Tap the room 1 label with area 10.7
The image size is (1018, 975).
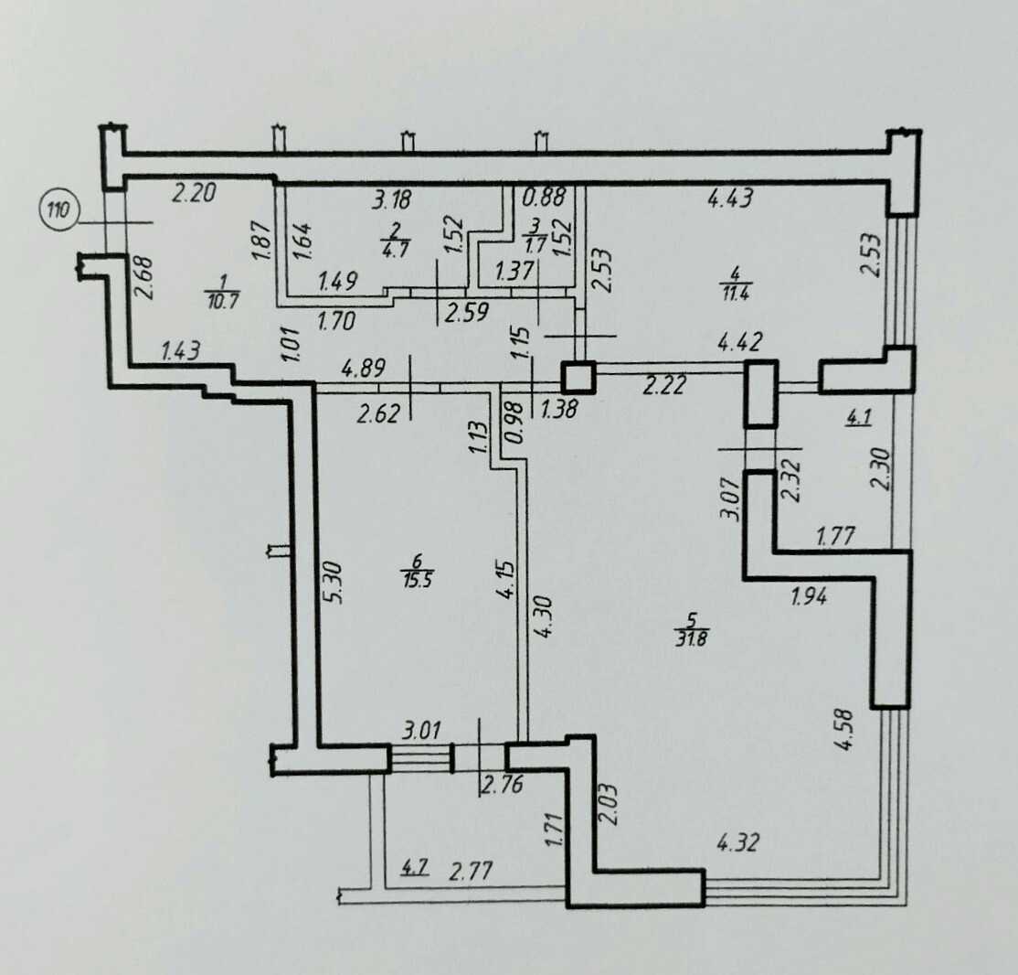point(222,291)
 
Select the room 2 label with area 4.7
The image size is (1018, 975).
point(396,240)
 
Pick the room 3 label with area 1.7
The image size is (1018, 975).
point(535,235)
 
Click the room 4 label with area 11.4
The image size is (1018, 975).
point(735,282)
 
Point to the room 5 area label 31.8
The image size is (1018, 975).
point(692,628)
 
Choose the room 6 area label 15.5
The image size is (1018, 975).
point(417,570)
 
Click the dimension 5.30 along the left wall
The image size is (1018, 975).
point(336,583)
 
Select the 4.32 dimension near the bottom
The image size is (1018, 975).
point(737,843)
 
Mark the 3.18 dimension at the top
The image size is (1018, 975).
point(391,198)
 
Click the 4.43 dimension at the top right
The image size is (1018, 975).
point(730,197)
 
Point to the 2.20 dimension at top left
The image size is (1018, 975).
point(193,193)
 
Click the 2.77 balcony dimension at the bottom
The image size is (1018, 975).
point(471,870)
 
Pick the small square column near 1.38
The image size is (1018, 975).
point(578,378)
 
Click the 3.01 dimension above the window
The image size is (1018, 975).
point(421,730)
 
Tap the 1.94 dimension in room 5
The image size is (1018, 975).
point(809,595)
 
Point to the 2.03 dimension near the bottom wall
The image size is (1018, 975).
point(610,804)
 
